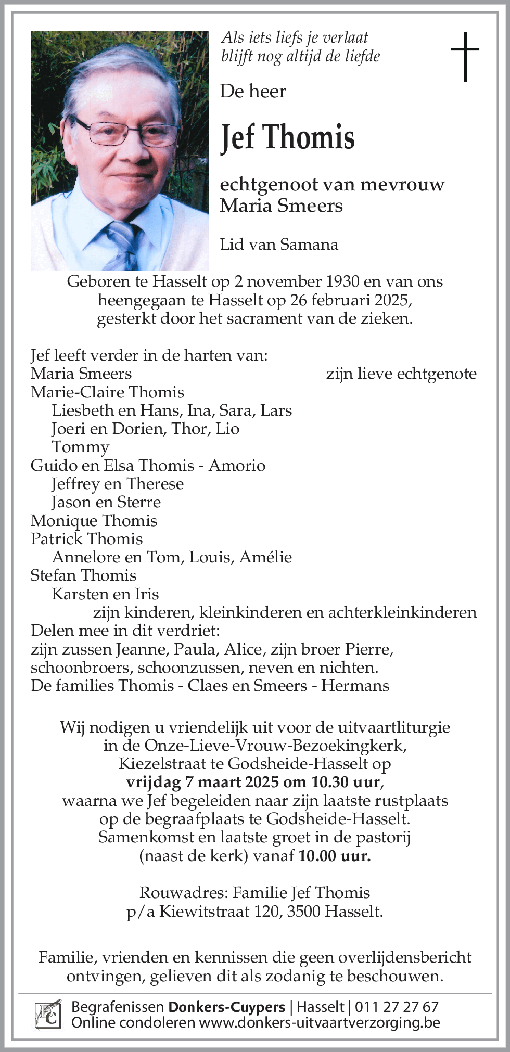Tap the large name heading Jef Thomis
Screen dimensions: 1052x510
click(287, 137)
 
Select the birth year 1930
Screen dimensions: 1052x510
click(342, 281)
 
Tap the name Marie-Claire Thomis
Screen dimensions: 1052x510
click(107, 392)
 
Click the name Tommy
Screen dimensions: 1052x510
click(80, 447)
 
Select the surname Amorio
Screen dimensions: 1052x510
click(237, 465)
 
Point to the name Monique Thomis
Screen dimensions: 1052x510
click(94, 520)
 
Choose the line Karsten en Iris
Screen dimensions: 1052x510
click(105, 594)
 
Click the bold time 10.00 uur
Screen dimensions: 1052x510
click(335, 855)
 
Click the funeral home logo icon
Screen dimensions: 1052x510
click(48, 1015)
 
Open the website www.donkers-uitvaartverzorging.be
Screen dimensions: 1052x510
click(320, 1023)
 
